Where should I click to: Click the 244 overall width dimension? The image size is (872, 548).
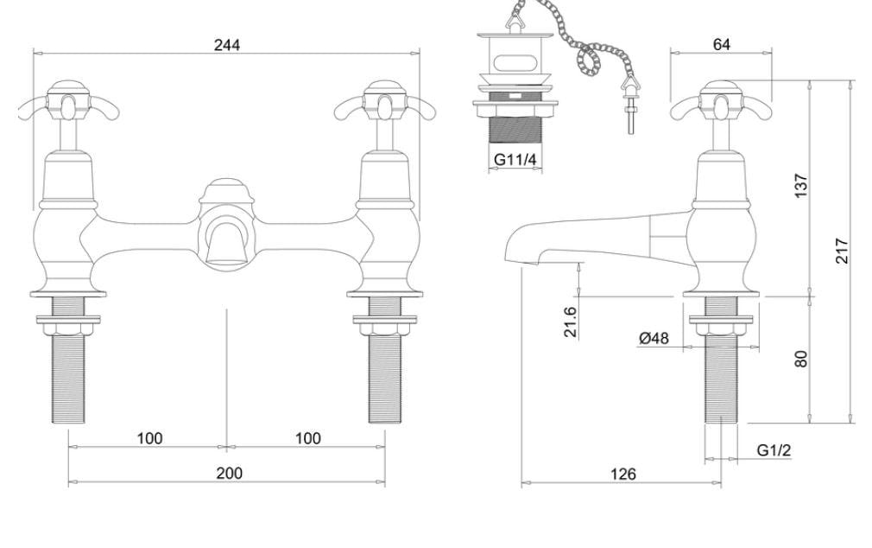[227, 45]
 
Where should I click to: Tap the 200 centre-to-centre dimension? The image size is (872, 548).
[229, 473]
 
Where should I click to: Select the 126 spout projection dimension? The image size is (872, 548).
[622, 474]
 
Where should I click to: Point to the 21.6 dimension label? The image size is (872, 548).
[572, 322]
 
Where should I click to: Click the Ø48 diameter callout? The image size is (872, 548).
[654, 337]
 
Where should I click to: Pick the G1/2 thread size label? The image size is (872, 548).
[774, 450]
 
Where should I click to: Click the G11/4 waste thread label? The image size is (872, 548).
[515, 159]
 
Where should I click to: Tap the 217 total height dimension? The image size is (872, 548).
[843, 251]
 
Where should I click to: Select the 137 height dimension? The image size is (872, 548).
[801, 186]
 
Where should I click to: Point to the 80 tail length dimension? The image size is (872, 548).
[801, 359]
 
